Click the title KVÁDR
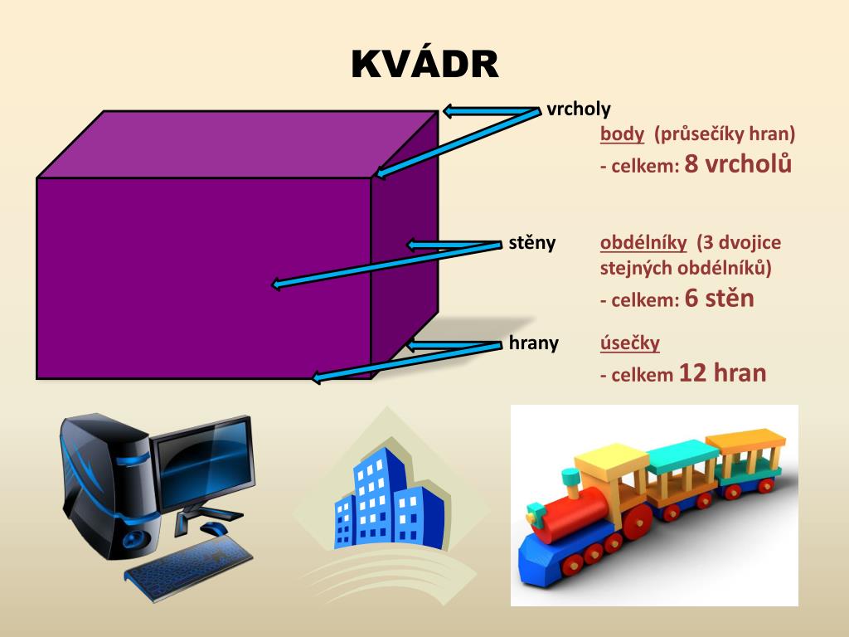point(424,65)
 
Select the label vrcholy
point(579,109)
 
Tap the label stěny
point(531,243)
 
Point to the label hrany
point(533,343)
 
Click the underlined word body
point(622,134)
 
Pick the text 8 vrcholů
point(739,164)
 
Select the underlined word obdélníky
point(643,243)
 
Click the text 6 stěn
point(720,299)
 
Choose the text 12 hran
point(722,373)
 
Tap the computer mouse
point(214,529)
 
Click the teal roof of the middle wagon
point(682,455)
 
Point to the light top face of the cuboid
point(236,143)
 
